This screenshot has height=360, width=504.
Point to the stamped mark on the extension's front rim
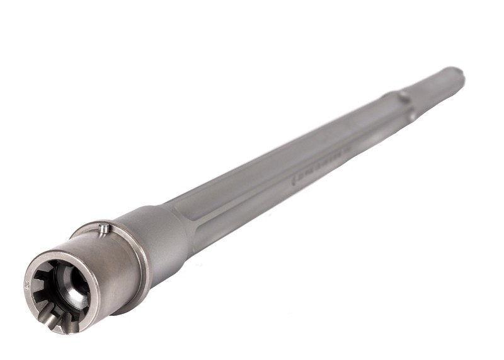click(x=27, y=284)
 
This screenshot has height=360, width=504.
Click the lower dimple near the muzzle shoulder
click(x=411, y=116)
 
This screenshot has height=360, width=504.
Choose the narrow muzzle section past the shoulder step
click(x=435, y=88)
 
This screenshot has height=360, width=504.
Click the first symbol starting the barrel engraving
click(x=294, y=180)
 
